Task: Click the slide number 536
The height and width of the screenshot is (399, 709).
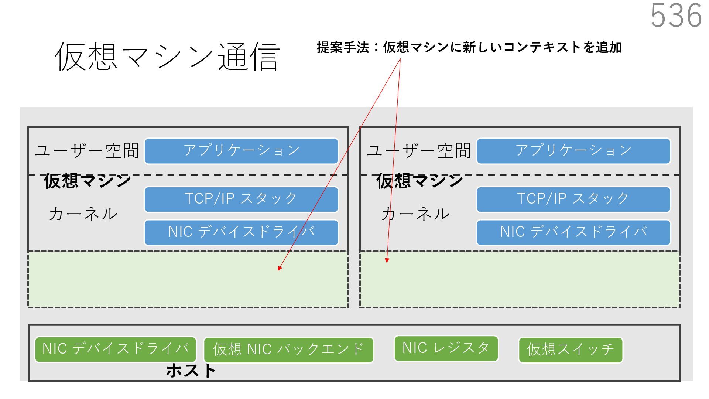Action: coord(675,16)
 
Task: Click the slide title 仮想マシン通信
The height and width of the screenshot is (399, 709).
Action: coord(167,57)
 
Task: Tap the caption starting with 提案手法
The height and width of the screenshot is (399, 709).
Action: coord(469,48)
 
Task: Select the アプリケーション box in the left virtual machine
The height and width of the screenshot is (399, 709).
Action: coord(241,151)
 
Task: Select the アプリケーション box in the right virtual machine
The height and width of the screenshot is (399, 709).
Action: coord(573,151)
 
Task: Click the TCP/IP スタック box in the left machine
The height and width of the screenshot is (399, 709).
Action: coord(241,199)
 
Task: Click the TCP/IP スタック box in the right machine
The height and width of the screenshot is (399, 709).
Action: coord(573,199)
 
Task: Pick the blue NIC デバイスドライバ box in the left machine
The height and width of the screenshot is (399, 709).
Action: coord(241,232)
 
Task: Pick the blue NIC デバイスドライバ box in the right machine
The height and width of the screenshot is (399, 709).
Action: coord(573,232)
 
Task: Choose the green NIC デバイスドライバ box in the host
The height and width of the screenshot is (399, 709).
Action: coord(115,349)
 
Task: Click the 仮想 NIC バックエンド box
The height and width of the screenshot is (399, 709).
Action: coord(288,349)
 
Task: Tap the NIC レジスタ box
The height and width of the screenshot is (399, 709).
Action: coord(446,348)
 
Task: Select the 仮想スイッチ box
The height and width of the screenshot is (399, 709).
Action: coord(570,349)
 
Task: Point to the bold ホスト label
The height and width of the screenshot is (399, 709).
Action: coord(191,370)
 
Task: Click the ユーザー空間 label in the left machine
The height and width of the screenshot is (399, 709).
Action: coord(87,151)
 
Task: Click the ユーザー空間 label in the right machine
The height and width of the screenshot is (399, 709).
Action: coord(419,151)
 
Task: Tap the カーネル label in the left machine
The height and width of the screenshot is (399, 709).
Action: coord(83,214)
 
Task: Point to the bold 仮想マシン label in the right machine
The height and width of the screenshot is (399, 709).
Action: coord(419,181)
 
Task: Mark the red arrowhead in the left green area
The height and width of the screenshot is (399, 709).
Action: coord(280,268)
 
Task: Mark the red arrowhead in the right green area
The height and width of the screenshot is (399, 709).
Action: coord(387,260)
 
